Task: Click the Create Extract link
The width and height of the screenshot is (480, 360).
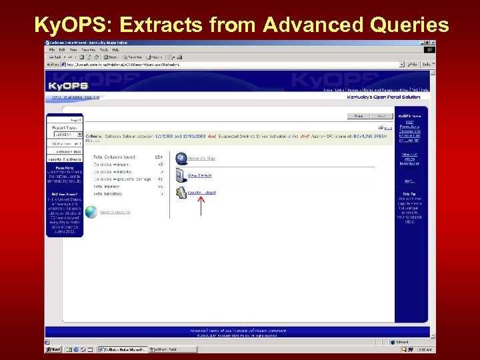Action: click(201, 192)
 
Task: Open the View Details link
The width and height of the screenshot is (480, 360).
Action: click(199, 175)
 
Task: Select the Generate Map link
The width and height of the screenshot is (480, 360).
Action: click(201, 159)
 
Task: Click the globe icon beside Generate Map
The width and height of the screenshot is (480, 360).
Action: click(181, 158)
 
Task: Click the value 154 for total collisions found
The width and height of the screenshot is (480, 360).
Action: click(159, 157)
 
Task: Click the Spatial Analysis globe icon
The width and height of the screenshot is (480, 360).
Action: click(91, 212)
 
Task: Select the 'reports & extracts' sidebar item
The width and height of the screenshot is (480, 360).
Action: click(64, 159)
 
